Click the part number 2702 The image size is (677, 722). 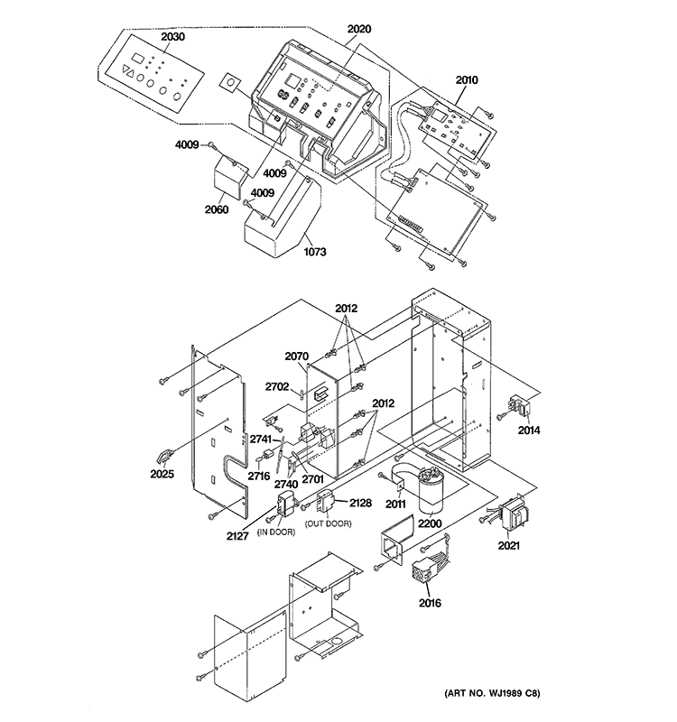pos(277,387)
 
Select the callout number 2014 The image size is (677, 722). pos(529,430)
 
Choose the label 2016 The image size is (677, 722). pos(429,602)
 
